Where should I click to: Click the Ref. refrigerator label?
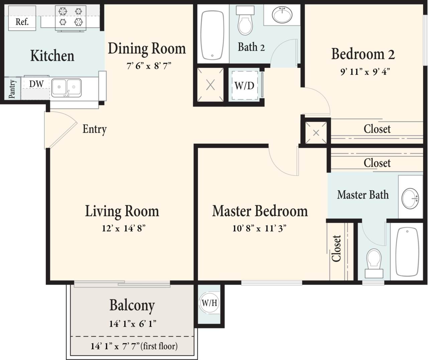(x=22, y=22)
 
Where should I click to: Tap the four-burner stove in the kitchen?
(x=71, y=17)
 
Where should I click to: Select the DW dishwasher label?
(x=36, y=84)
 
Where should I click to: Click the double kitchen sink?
(x=66, y=88)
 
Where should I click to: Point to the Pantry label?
(x=12, y=89)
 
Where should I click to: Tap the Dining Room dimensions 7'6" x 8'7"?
(x=148, y=66)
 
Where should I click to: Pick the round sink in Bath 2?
(x=282, y=15)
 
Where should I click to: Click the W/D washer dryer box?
(x=244, y=86)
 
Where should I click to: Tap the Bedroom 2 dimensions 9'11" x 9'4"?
(x=365, y=72)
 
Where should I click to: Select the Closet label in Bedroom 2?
(x=377, y=129)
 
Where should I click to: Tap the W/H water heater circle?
(x=209, y=303)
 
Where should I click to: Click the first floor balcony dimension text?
(x=134, y=346)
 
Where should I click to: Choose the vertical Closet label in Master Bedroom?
(x=336, y=248)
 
